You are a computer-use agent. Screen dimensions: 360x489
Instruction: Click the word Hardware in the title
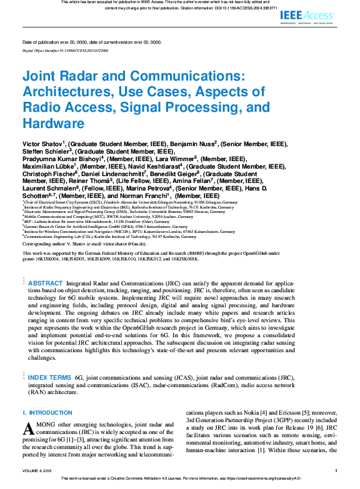(53, 123)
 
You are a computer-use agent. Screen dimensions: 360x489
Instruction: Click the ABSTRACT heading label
(44, 284)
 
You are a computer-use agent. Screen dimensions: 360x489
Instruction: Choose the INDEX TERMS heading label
(49, 378)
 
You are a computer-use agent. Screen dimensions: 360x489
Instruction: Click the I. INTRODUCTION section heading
(47, 413)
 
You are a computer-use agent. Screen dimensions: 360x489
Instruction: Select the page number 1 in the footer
(336, 471)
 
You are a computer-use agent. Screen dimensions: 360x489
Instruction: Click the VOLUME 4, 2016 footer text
(39, 471)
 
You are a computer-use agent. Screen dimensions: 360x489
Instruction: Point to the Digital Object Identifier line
(65, 49)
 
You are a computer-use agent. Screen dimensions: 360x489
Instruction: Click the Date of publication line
(91, 42)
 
